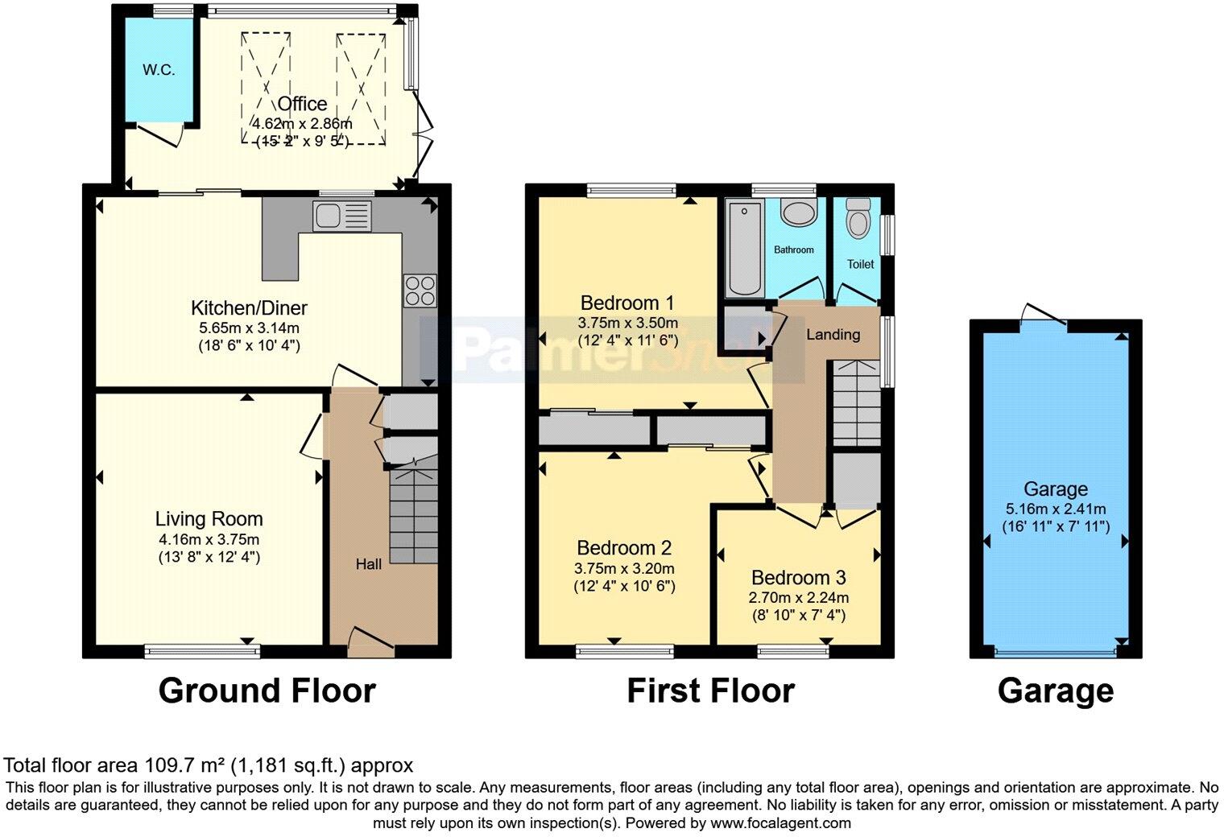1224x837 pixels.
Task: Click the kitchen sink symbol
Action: click(342, 216)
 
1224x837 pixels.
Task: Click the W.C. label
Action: click(159, 70)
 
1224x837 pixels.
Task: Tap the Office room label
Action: click(302, 104)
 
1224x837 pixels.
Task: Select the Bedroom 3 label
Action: click(798, 578)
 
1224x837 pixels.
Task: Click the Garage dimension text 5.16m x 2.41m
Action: click(1055, 509)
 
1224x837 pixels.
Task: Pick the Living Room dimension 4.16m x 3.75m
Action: click(209, 539)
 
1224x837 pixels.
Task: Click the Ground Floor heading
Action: click(267, 691)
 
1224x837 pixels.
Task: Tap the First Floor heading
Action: click(710, 691)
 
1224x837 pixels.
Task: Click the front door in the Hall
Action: click(370, 639)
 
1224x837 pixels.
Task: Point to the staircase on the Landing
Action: click(856, 402)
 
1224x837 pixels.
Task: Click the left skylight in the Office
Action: click(265, 88)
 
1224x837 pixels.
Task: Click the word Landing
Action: click(833, 334)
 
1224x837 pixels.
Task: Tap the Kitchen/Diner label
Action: click(249, 307)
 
